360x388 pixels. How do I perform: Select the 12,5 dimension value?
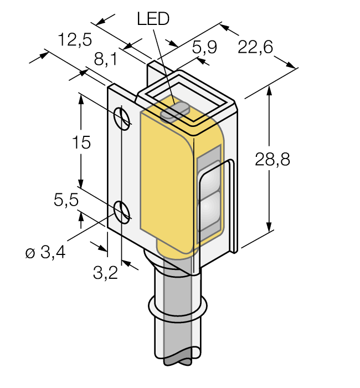[75, 39]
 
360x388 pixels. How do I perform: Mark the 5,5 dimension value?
[66, 200]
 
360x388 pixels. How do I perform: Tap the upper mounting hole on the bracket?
[122, 118]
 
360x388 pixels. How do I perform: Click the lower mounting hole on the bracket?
[122, 211]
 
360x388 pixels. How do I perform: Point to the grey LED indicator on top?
[174, 111]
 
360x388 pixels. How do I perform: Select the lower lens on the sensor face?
[210, 211]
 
